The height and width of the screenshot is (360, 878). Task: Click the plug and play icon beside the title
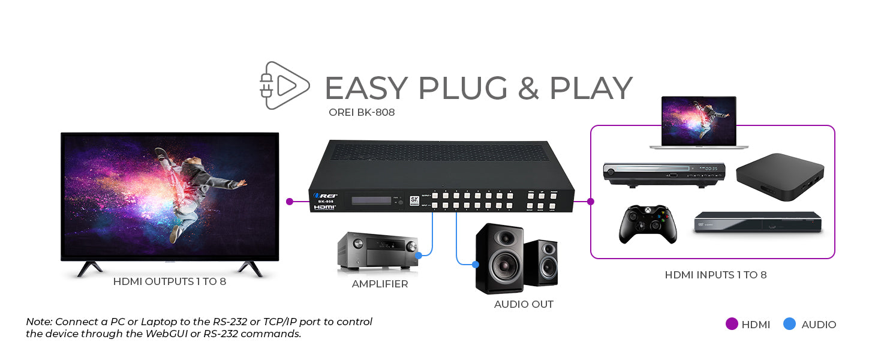[284, 85]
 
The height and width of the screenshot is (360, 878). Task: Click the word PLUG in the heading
[462, 88]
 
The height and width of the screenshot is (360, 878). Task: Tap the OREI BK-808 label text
[362, 112]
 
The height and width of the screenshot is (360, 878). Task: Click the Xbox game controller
[648, 224]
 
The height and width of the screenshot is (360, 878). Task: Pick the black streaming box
[780, 176]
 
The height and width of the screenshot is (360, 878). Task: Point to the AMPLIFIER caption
[380, 284]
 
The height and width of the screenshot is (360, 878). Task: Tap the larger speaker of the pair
[499, 258]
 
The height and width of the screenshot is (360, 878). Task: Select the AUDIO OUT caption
[524, 304]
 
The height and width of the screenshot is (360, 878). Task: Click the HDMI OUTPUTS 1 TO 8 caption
[170, 281]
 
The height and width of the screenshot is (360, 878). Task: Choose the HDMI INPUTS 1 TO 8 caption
[715, 275]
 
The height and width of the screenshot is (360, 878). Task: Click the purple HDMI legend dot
[731, 324]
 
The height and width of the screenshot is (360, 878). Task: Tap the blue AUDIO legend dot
[790, 324]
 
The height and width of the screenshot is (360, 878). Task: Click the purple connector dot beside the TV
[290, 201]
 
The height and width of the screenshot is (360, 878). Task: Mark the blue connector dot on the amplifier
[418, 254]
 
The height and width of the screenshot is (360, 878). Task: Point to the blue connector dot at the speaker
[476, 264]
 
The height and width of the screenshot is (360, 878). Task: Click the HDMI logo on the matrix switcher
[324, 207]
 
